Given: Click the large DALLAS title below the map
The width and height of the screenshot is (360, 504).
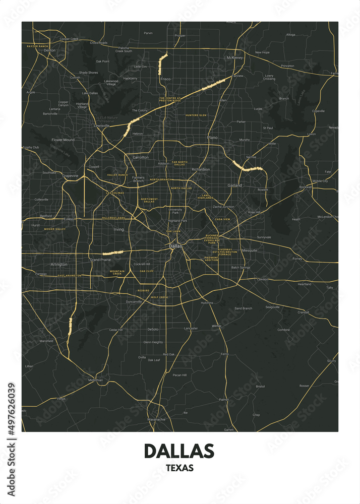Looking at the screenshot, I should coord(179,450).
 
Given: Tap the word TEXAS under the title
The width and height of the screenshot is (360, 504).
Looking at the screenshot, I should coord(179,468).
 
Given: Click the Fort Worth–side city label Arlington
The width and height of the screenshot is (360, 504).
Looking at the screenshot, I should coord(59,264).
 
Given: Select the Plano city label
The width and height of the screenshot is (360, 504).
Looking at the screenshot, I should coord(212,137).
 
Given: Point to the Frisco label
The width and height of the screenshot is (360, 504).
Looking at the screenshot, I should coord(165,79).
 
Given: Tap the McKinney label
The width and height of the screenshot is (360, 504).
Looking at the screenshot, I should coord(234,58).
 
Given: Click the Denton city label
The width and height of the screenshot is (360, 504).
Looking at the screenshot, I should coord(49,51).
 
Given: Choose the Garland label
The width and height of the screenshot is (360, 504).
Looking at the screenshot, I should coord(234,185).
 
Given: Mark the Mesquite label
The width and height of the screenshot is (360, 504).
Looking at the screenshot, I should coord(250,250).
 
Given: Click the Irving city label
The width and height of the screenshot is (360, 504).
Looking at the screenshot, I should coord(118,229).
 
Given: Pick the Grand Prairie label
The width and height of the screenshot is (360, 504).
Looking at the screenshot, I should coord(100,260).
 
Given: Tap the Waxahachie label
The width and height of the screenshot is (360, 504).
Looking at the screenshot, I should coord(156,419).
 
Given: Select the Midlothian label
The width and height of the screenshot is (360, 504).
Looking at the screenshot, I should coord(95,380).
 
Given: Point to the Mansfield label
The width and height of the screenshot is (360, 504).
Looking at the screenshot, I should coord(46,341).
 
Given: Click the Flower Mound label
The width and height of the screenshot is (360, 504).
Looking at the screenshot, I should coord(63,140).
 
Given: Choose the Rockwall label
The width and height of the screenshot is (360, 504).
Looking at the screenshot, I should coord(306,187).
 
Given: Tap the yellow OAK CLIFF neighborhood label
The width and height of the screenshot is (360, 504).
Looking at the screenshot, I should coord(147,271).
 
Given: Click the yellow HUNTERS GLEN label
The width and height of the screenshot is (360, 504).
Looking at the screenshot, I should coord(196,115).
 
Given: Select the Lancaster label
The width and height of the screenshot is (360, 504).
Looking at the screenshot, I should coord(191,328).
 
